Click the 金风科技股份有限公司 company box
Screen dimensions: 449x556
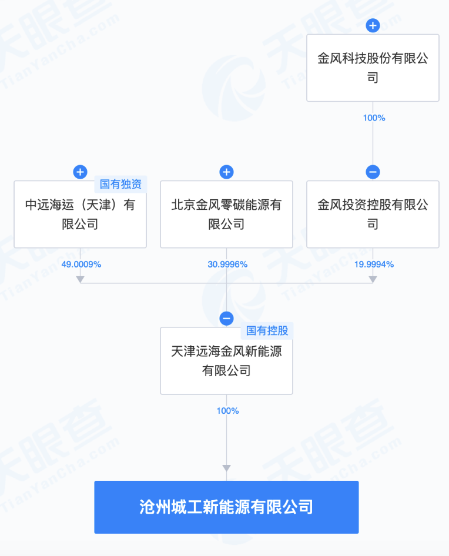click(373, 68)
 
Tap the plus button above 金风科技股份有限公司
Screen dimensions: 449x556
click(373, 26)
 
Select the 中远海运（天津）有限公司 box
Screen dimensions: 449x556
click(80, 214)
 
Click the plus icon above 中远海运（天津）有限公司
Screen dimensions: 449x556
click(80, 172)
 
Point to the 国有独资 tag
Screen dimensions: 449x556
click(120, 184)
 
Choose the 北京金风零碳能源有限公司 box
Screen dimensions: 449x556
click(226, 214)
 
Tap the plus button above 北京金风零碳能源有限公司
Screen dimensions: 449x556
click(226, 172)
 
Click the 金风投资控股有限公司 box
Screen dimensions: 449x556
click(373, 214)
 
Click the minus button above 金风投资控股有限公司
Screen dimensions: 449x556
click(373, 172)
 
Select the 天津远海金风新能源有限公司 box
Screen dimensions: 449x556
click(226, 360)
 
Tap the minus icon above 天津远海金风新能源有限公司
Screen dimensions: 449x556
click(226, 319)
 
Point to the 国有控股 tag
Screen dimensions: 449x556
click(267, 330)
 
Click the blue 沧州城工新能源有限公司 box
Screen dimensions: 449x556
click(226, 507)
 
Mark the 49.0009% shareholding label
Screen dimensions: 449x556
click(81, 264)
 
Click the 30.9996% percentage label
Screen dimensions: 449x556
click(227, 264)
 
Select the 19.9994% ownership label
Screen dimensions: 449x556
click(374, 264)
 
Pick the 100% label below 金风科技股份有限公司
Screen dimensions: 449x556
click(374, 118)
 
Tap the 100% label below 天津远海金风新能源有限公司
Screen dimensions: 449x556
click(227, 411)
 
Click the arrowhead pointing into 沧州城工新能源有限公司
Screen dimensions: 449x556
click(226, 468)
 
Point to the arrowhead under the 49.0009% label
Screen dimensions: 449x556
click(80, 280)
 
